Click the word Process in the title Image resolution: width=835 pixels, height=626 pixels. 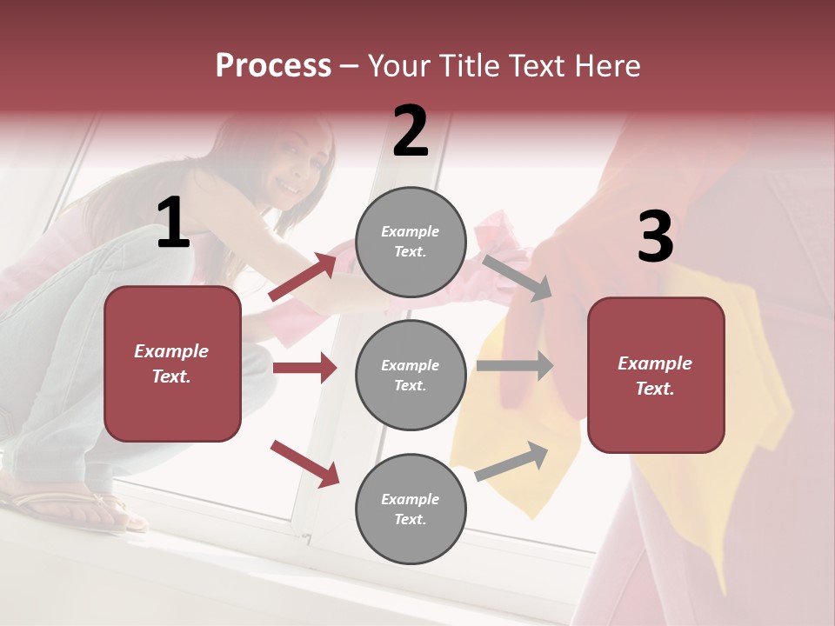(x=273, y=66)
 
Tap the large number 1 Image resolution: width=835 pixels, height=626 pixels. (x=173, y=223)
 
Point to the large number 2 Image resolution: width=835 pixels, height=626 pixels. (x=411, y=131)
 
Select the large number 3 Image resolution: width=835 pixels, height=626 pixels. (x=655, y=236)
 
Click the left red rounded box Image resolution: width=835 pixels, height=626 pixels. (x=172, y=363)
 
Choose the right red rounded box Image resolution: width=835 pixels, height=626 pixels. (x=656, y=375)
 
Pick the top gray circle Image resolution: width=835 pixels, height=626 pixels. (x=411, y=242)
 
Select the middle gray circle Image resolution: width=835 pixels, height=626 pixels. (x=411, y=375)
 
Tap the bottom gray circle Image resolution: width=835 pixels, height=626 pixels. (x=411, y=509)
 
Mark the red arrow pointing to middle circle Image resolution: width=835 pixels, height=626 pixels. (x=304, y=368)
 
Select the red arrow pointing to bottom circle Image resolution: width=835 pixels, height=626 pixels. (x=304, y=463)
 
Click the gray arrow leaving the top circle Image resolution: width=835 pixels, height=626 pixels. (x=517, y=277)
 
